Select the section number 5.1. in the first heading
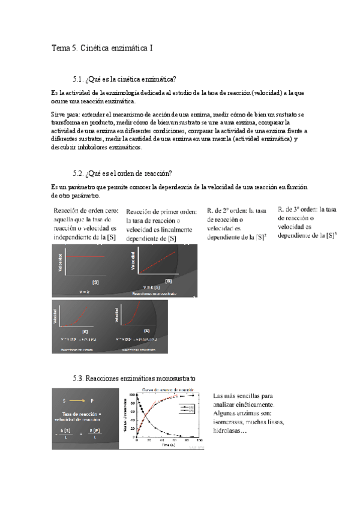click(x=79, y=79)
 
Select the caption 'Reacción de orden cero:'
click(x=86, y=211)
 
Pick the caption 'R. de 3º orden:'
click(x=298, y=209)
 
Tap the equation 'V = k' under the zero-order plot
click(x=85, y=291)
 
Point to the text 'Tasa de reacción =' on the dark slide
click(x=87, y=414)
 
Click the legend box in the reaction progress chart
click(x=187, y=409)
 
